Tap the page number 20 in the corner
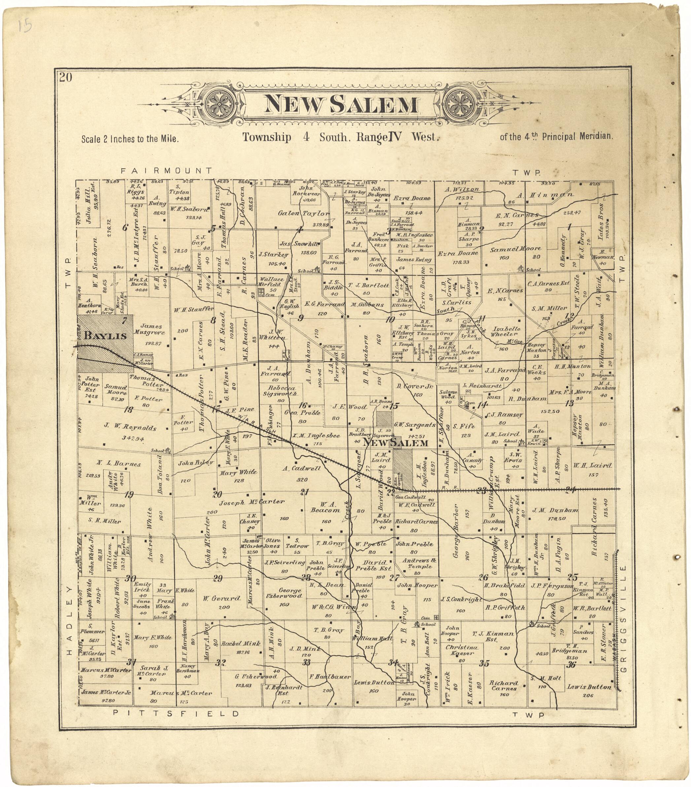click(x=66, y=78)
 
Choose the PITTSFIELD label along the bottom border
click(x=176, y=713)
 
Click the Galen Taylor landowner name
click(x=304, y=213)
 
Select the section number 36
click(x=571, y=664)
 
